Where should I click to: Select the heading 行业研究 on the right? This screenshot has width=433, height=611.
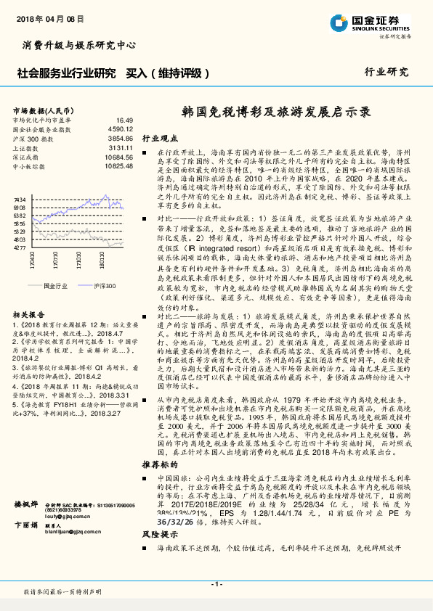click(387, 72)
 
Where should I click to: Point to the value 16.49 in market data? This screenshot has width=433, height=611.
click(124, 120)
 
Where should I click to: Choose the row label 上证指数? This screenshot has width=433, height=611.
click(27, 147)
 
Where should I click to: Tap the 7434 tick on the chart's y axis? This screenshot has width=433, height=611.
click(20, 199)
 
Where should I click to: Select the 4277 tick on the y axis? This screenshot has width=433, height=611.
click(20, 247)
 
